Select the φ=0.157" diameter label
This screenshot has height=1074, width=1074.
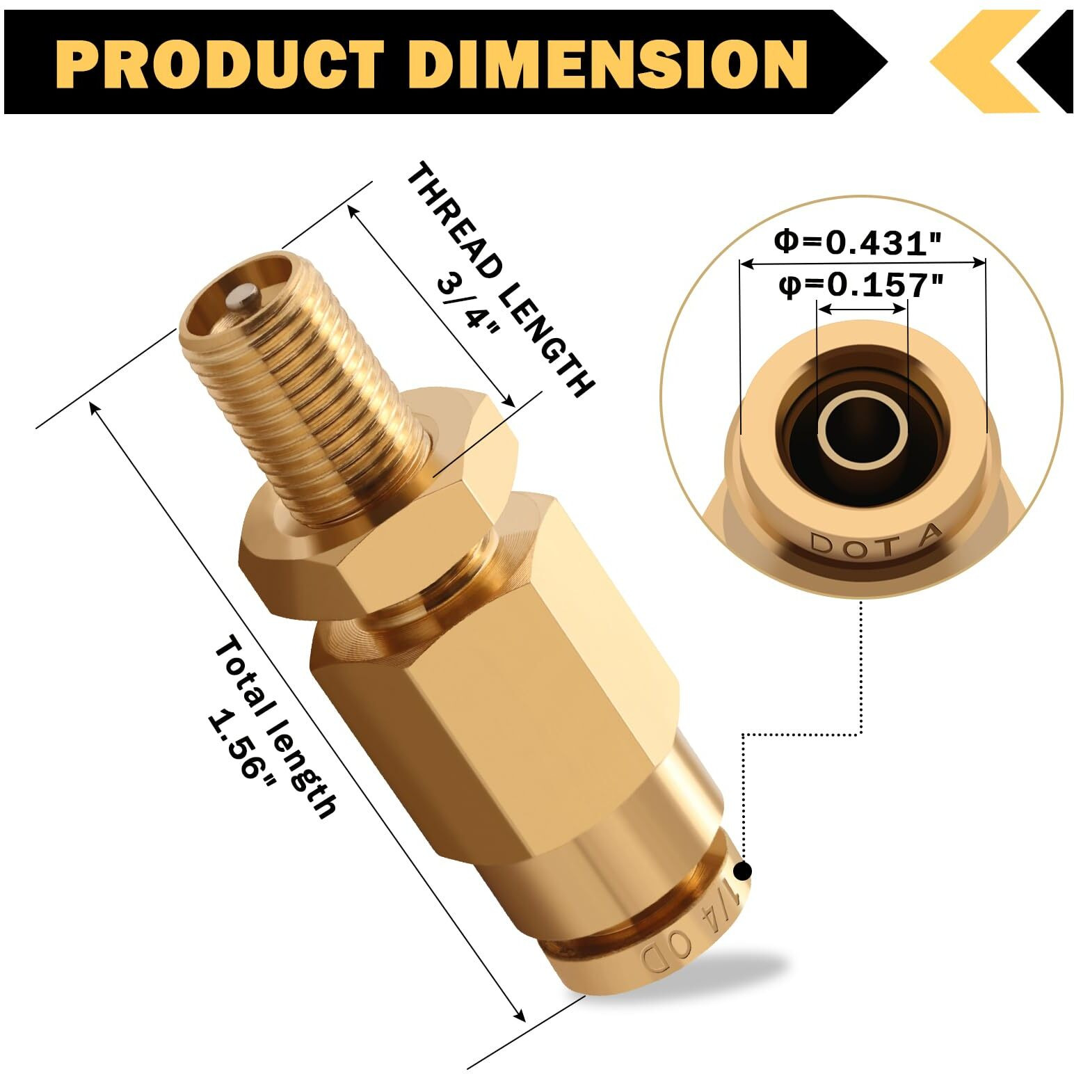(862, 284)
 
